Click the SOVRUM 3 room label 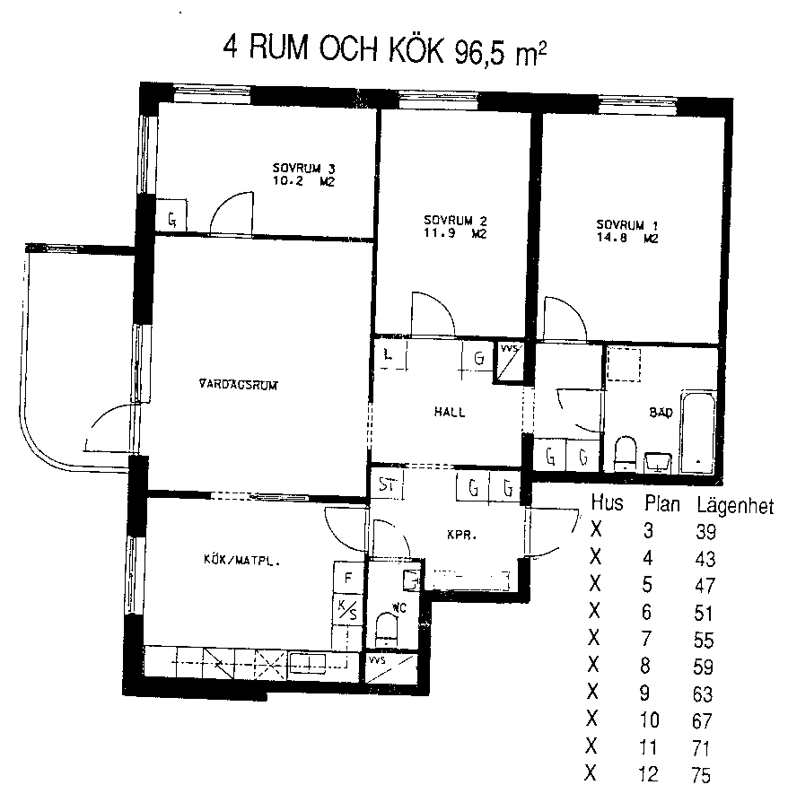click(x=303, y=169)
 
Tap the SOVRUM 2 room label click(x=455, y=221)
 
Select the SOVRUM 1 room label click(x=627, y=225)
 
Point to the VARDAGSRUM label click(x=239, y=385)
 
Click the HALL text click(x=450, y=412)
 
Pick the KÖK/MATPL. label click(x=241, y=560)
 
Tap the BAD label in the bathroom click(x=661, y=412)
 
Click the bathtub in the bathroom click(x=697, y=432)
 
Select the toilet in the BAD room click(x=625, y=454)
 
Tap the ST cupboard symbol click(x=387, y=484)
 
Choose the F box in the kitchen click(x=348, y=578)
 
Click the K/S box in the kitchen click(x=347, y=609)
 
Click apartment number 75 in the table click(x=701, y=776)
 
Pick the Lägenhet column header click(x=735, y=505)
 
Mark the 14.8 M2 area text click(x=627, y=239)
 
